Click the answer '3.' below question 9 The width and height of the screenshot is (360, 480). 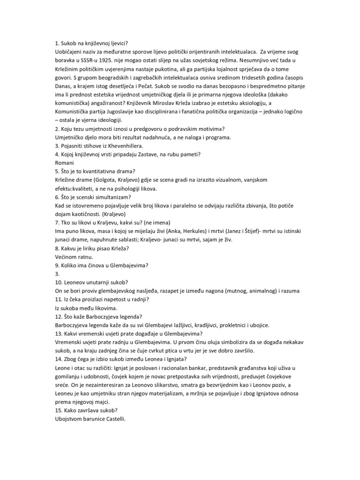click(57, 273)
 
